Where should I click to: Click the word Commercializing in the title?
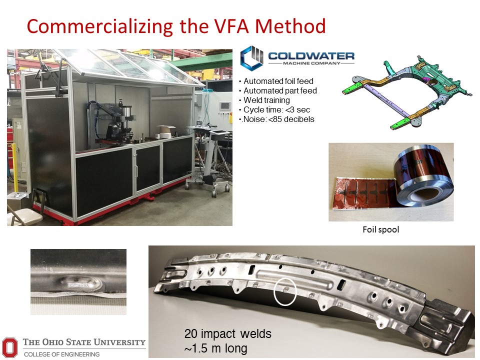pos(100,27)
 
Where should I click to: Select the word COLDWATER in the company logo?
pos(311,56)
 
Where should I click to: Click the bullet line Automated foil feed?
pos(278,81)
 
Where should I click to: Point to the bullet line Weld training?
pos(266,100)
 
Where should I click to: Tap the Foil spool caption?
pos(381,229)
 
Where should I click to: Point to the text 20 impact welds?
pos(228,333)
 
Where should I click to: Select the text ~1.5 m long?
pos(215,348)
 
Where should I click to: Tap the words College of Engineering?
pos(61,354)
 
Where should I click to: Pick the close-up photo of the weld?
pos(78,282)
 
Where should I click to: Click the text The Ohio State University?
pos(84,342)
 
